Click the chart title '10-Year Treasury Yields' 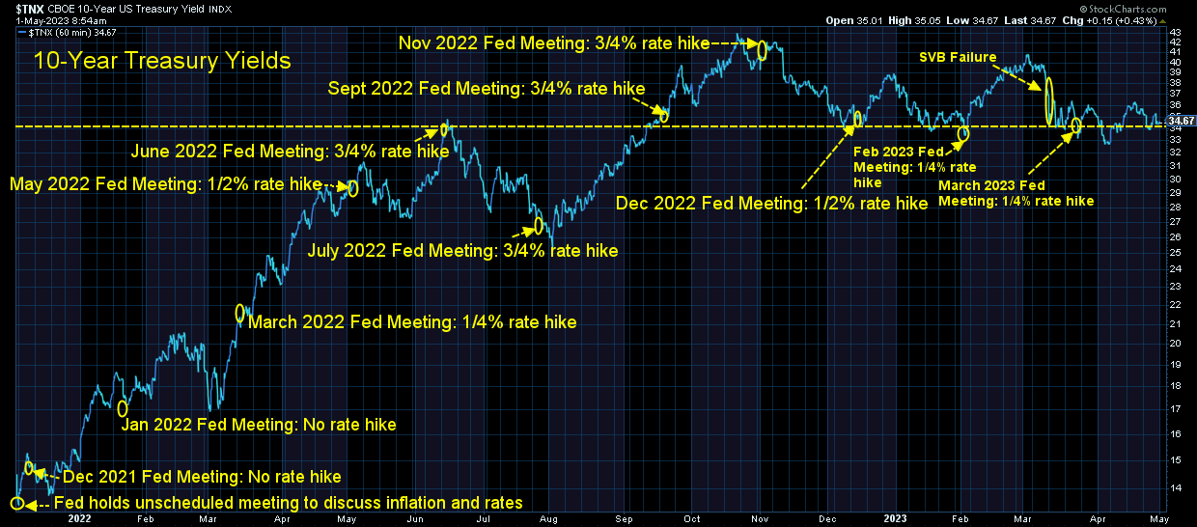point(162,61)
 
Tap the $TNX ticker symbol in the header point(29,9)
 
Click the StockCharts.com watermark point(1124,9)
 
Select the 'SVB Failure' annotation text point(958,57)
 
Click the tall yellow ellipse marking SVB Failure point(1049,101)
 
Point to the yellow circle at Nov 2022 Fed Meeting point(762,50)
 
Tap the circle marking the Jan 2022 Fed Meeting point(123,409)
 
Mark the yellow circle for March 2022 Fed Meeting point(240,313)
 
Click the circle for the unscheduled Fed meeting point(17,503)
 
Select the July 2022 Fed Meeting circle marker point(539,226)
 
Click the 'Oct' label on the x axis point(692,518)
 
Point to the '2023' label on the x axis point(895,518)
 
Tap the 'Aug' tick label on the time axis point(548,519)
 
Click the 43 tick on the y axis point(1175,32)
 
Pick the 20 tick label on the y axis point(1175,344)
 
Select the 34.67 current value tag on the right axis point(1181,121)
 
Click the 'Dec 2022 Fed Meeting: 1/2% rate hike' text point(771,203)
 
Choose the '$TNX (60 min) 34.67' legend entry point(68,33)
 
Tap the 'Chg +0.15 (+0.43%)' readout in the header point(1121,20)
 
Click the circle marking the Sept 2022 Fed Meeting point(664,116)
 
